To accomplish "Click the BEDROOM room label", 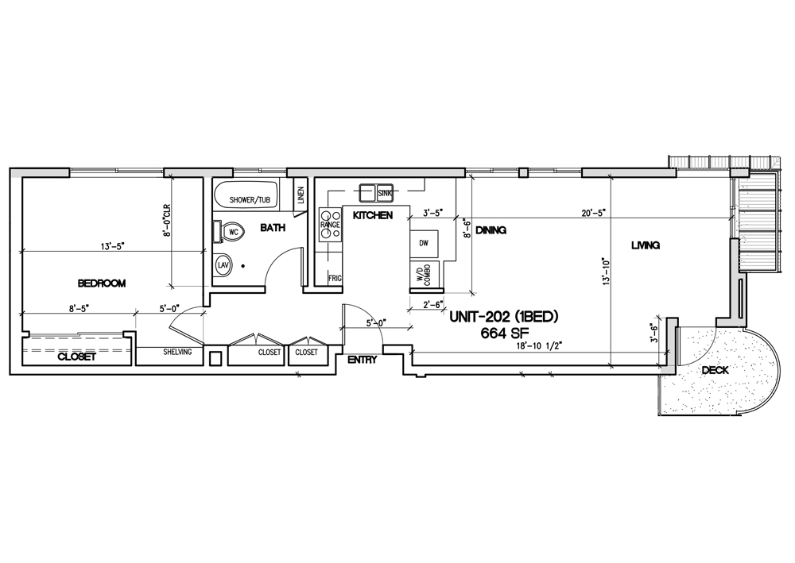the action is (x=102, y=283).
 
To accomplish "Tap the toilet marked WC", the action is (x=231, y=232).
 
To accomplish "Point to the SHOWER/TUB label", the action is (x=250, y=200).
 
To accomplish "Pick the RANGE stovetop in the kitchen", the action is (x=330, y=224).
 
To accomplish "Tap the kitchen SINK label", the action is (x=385, y=193).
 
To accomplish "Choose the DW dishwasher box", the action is (x=425, y=242).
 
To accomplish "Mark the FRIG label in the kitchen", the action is (x=335, y=278).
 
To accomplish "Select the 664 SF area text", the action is (x=505, y=334).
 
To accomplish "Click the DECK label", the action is (x=715, y=371).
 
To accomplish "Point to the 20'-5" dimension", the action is (x=592, y=214).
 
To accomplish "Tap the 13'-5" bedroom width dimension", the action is (x=113, y=246).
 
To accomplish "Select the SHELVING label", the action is (x=177, y=352).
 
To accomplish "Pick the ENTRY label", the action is (x=362, y=361).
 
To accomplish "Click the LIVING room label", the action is (x=646, y=245).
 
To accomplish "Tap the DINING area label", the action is (x=491, y=230).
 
